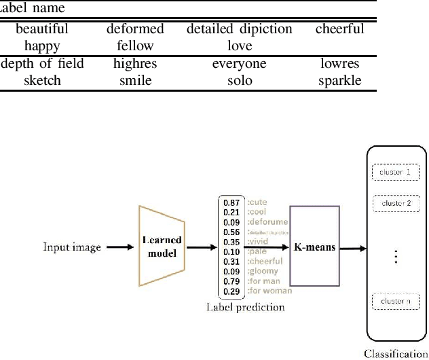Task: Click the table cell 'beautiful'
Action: click(x=42, y=29)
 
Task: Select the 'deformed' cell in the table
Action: click(x=135, y=29)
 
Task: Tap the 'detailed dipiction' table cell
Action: click(x=240, y=29)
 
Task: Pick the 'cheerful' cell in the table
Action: click(x=340, y=29)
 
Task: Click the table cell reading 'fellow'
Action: click(x=135, y=46)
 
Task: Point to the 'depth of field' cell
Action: click(x=42, y=64)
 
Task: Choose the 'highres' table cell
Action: click(x=135, y=64)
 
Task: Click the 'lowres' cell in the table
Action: click(x=340, y=64)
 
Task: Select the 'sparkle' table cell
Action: click(x=340, y=81)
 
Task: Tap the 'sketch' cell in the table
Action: click(x=42, y=81)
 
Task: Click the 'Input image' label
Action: click(x=71, y=247)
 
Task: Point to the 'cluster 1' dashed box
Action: click(x=396, y=173)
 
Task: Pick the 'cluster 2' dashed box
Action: click(x=396, y=203)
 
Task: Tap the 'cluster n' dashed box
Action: click(x=396, y=300)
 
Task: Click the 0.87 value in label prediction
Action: click(x=231, y=203)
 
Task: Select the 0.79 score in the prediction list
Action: click(x=231, y=281)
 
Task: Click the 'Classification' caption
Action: click(x=396, y=353)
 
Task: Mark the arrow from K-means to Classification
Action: click(x=352, y=248)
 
